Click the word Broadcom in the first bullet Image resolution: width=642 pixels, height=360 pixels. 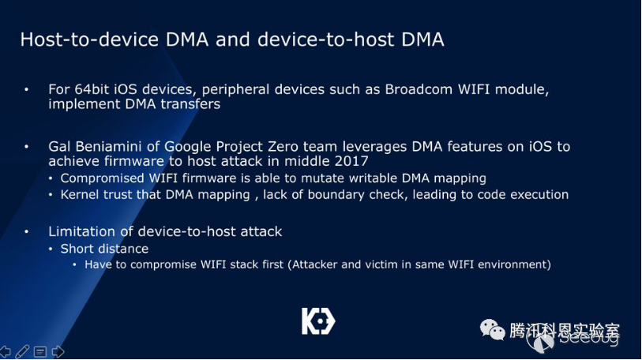point(419,89)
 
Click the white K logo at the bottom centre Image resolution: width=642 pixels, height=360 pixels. point(318,321)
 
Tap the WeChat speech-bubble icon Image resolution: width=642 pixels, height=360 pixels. point(492,330)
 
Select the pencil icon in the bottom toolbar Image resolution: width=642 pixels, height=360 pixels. point(22,351)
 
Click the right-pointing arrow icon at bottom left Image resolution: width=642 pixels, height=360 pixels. point(58,351)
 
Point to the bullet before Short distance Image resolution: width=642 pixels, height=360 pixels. point(51,249)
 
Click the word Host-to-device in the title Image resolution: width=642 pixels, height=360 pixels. point(89,39)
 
